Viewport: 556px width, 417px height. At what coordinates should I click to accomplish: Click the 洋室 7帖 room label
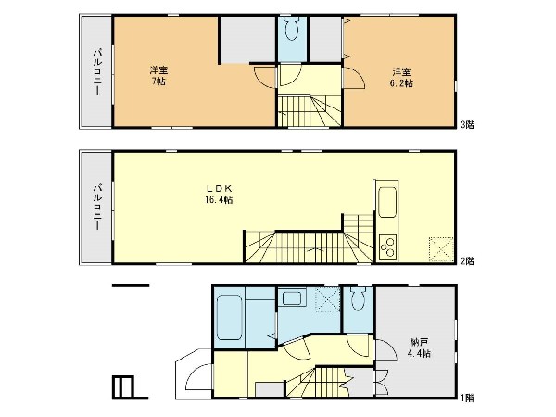click(x=158, y=76)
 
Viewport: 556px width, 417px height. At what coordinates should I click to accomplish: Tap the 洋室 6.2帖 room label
click(x=401, y=78)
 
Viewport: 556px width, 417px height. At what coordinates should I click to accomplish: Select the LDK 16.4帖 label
click(x=219, y=194)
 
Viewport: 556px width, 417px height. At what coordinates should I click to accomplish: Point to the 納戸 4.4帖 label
click(x=420, y=347)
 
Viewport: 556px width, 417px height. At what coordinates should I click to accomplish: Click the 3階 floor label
click(x=467, y=124)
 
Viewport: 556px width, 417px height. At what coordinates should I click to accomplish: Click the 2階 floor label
click(x=467, y=261)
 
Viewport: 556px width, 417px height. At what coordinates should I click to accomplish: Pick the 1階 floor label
click(x=467, y=398)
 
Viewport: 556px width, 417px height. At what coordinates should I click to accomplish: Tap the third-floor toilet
click(x=292, y=29)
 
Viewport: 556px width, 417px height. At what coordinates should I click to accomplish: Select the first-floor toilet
click(x=358, y=299)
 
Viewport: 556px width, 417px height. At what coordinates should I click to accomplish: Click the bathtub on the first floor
click(x=229, y=317)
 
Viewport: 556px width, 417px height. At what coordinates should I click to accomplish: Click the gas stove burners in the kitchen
click(x=386, y=246)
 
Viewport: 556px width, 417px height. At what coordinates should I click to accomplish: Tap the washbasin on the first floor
click(x=292, y=297)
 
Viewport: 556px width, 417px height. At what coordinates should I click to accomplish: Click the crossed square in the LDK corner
click(x=441, y=249)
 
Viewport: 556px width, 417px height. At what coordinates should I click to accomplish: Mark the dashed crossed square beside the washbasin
click(x=328, y=300)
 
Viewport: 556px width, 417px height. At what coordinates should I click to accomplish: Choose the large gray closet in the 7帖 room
click(x=247, y=40)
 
